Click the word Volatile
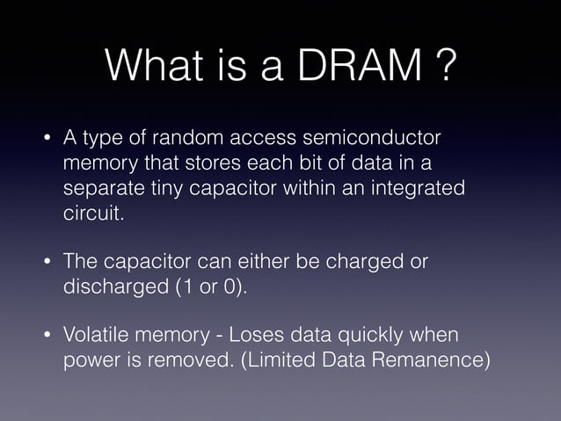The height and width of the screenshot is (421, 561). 97,336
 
